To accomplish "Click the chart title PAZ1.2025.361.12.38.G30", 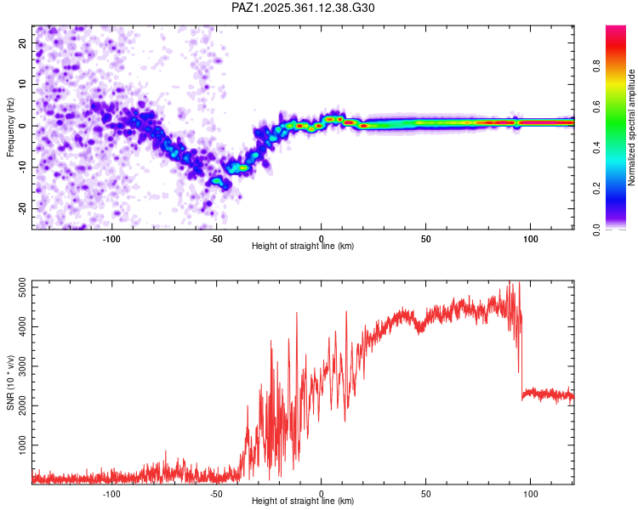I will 303,8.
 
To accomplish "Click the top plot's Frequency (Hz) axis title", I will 10,126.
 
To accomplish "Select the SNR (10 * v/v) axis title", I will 10,382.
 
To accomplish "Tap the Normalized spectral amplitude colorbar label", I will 632,127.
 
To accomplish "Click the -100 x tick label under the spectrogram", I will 111,239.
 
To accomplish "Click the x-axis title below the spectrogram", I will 303,246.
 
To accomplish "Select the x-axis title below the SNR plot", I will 303,501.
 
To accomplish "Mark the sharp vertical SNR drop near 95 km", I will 521,357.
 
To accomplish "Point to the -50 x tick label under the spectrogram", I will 216,239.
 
